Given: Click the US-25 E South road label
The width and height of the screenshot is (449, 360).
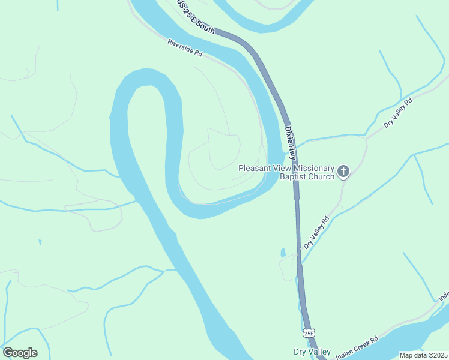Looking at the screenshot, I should coord(195,15).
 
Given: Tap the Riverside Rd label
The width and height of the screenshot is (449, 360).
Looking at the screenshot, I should coord(184,48).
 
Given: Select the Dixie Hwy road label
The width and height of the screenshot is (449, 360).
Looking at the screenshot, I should coord(291,142).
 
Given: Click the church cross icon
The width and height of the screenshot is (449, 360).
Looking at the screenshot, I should coord(343,172).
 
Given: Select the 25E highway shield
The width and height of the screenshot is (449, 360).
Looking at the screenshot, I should coord(309,332).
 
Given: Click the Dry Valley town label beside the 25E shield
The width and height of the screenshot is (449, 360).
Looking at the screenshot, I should coord(312,352).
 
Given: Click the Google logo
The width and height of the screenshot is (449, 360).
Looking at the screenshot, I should coord(20,353).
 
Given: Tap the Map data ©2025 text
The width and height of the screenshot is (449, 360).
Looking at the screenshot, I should coord(423,355).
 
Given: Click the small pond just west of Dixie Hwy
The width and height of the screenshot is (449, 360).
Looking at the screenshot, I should coord(283,252).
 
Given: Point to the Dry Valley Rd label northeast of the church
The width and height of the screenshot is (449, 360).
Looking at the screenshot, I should coord(399,113).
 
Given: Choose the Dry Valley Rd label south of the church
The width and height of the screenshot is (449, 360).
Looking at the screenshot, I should coord(317,232).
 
